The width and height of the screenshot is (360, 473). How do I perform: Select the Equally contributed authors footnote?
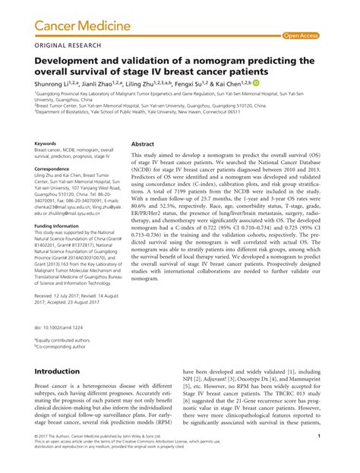pos(65,341)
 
